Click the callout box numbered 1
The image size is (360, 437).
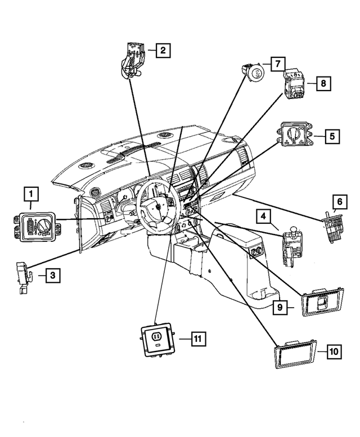31,195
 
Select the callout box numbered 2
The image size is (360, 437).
162,51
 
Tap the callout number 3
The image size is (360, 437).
52,275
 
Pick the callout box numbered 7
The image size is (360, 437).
277,64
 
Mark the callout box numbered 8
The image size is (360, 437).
323,83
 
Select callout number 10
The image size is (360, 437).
334,352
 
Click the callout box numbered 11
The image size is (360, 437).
197,339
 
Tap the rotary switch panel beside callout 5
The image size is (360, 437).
294,136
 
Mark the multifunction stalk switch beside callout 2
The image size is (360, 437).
133,58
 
